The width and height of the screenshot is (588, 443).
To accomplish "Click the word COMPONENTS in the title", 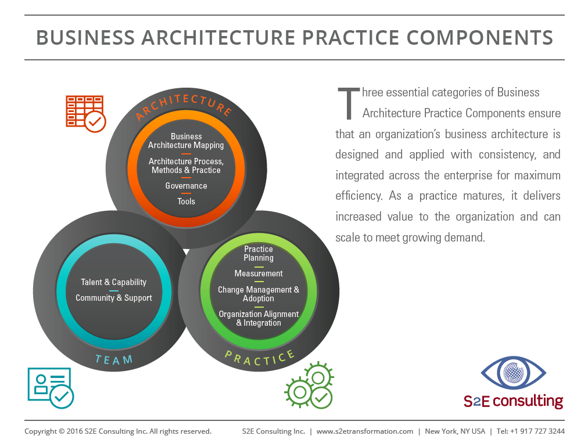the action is (479, 38).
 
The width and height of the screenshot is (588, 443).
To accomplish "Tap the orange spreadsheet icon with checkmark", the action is (85, 114).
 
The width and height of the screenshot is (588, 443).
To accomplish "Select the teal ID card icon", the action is (51, 388).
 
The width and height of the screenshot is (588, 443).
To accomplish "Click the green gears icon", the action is (309, 386).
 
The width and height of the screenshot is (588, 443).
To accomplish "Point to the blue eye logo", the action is (514, 372).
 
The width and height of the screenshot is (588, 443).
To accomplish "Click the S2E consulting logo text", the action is (514, 401).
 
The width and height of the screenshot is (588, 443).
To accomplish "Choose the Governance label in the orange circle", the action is (186, 186).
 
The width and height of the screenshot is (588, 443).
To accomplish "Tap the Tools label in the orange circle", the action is (186, 201).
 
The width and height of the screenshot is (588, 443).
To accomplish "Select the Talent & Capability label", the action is (114, 282).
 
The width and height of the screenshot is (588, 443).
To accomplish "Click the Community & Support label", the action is (114, 298).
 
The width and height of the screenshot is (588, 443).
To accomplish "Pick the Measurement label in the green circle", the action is (259, 273).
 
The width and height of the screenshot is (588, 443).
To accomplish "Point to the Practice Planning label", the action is (259, 253).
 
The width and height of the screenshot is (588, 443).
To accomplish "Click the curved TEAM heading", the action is (114, 360).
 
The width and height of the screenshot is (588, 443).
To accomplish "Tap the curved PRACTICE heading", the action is (260, 358).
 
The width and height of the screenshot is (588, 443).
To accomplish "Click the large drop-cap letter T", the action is (349, 103).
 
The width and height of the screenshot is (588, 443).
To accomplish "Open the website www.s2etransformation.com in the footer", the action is (364, 431).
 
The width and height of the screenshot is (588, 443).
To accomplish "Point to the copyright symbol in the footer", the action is (62, 431).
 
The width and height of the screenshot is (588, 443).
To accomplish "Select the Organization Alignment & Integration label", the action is (259, 319).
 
